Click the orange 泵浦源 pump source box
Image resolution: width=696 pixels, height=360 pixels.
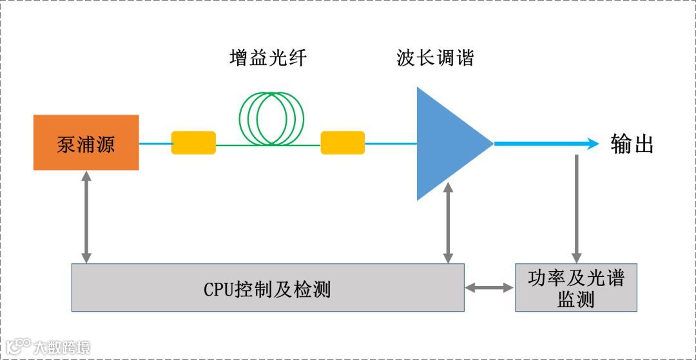(86, 142)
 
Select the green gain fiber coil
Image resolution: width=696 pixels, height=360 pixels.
(271, 118)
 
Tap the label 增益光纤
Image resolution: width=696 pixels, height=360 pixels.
(268, 59)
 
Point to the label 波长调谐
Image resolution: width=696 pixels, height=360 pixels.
(435, 59)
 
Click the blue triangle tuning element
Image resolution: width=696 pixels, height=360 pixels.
(447, 144)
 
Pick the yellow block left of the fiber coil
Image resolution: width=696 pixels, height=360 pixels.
(193, 142)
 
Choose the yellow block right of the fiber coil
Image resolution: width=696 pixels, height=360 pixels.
(343, 142)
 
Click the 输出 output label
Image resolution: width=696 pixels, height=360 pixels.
(632, 144)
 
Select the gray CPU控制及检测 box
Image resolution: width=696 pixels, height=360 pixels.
(267, 288)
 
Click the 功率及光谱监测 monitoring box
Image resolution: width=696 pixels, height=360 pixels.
(575, 287)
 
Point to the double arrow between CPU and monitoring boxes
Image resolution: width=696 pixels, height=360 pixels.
(489, 288)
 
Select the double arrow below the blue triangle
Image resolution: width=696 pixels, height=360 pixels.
(448, 222)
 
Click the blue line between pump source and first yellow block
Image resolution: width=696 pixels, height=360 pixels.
(155, 143)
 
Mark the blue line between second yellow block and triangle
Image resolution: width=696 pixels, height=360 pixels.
(391, 144)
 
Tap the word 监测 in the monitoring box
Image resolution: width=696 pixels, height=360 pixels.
(575, 299)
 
